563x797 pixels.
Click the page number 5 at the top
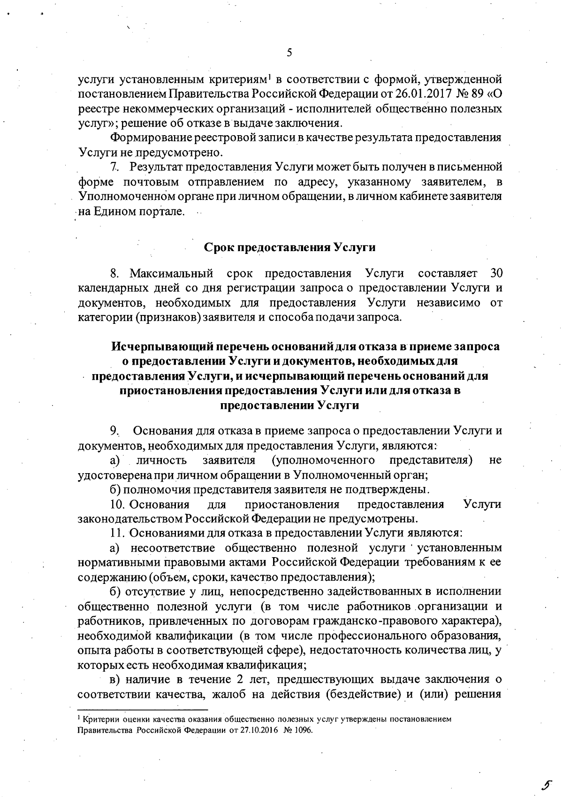289,53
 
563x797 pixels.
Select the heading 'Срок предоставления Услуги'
289,247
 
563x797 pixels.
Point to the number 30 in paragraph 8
495,273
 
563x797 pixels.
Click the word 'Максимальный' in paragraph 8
171,273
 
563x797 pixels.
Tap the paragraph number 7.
113,167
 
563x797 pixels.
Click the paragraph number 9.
114,430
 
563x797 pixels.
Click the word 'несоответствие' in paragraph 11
172,548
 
